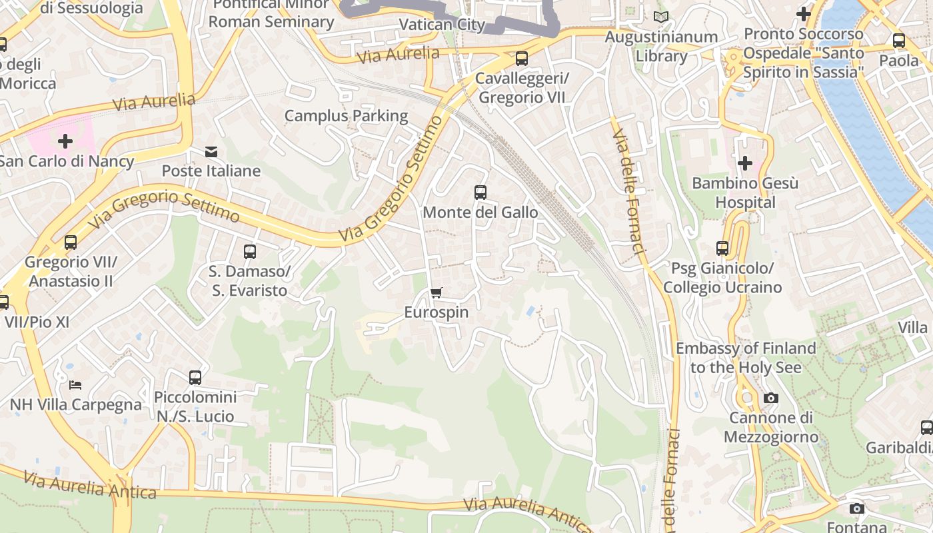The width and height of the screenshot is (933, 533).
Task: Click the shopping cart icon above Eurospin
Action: [437, 293]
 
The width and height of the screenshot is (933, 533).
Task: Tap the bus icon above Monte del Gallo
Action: [480, 193]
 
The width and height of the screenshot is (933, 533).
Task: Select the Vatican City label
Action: [442, 25]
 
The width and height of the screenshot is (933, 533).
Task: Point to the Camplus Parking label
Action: [346, 115]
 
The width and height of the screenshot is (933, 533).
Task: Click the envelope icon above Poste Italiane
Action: [211, 152]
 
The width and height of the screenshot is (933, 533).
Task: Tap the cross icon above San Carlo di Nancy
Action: [65, 141]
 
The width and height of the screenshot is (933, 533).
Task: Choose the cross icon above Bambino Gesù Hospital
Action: [744, 163]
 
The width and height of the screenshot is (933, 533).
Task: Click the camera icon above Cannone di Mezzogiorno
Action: [770, 398]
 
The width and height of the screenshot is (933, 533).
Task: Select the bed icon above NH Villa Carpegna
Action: [75, 385]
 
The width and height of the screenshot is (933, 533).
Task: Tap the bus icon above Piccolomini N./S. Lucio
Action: [195, 378]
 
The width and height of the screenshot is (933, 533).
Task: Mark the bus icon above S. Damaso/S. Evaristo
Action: [250, 252]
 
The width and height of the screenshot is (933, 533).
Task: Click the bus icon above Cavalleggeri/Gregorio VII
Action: [522, 59]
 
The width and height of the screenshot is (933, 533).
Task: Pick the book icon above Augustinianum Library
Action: [660, 17]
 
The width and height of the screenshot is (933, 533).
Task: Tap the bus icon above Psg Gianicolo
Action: [722, 249]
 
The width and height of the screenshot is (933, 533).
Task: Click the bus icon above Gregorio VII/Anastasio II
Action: [71, 243]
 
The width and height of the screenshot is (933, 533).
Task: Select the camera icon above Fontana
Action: [857, 509]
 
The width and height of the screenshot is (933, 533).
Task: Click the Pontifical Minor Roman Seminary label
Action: [271, 13]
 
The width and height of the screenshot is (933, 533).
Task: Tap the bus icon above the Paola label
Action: [899, 41]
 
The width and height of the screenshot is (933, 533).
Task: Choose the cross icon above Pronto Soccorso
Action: [804, 13]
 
